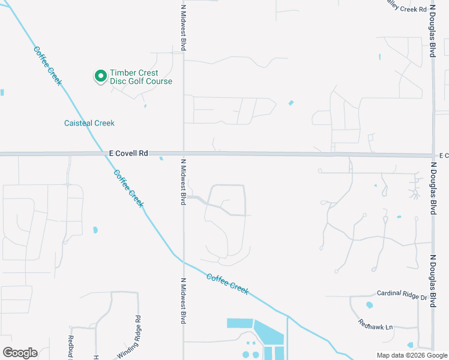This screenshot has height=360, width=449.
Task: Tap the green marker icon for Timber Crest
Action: (100, 76)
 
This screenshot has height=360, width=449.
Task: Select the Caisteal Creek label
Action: (89, 123)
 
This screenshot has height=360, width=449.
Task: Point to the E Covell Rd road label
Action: (128, 154)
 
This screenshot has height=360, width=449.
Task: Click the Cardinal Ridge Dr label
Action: (402, 295)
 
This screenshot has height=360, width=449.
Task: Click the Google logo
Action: (20, 353)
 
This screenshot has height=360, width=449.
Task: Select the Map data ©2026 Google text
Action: (412, 355)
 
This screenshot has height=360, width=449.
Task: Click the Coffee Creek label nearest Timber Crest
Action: (47, 65)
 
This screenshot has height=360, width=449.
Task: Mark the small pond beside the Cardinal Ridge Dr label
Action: (369, 305)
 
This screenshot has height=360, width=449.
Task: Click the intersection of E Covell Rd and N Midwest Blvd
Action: (184, 154)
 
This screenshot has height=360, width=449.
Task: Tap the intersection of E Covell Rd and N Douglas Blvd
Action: (433, 155)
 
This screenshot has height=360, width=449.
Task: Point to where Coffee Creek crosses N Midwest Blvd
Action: (184, 262)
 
